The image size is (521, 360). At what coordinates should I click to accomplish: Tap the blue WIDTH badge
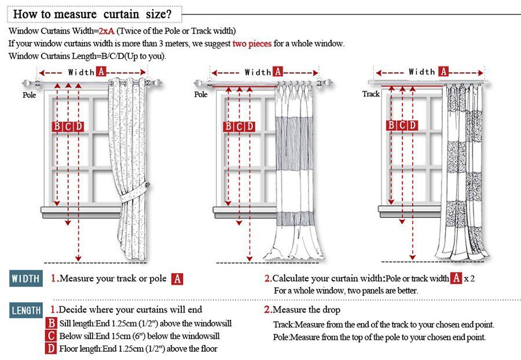tap(26, 278)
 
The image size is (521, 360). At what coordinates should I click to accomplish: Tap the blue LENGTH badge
tap(26, 310)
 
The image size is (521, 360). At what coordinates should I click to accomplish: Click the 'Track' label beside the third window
tap(371, 94)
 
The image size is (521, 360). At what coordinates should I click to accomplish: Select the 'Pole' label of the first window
tap(30, 94)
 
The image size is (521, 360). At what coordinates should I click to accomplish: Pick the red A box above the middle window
tap(278, 72)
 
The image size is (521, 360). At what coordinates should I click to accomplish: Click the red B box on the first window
tap(57, 127)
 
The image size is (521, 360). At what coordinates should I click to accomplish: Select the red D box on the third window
tap(413, 126)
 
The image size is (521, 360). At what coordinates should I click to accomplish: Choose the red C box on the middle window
tap(239, 127)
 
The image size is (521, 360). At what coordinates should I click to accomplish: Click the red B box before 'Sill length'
tap(52, 324)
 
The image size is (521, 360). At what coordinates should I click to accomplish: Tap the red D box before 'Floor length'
tap(52, 348)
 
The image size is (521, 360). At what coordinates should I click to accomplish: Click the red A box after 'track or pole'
tap(178, 279)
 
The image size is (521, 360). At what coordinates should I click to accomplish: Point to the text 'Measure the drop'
tap(306, 310)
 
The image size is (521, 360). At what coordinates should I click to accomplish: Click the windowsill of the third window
tap(409, 209)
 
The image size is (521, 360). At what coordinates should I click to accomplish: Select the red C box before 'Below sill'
tap(52, 336)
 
